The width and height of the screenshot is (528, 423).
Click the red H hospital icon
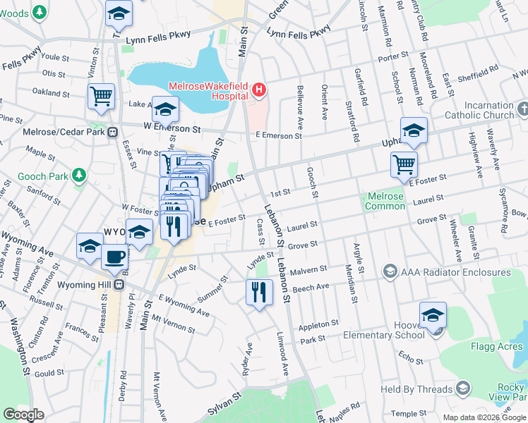click(x=259, y=90)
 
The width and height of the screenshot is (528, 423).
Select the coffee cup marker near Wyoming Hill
click(x=114, y=258)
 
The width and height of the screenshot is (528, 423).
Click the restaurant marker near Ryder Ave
click(x=259, y=292)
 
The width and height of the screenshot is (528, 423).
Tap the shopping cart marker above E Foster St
click(x=404, y=164)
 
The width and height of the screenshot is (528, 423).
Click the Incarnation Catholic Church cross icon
click(x=522, y=109)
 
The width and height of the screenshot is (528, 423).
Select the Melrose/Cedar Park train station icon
click(x=112, y=132)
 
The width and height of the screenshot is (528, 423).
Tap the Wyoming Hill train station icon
click(x=119, y=285)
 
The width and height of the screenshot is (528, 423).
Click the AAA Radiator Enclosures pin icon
click(x=389, y=271)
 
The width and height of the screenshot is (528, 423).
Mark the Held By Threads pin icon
click(x=463, y=388)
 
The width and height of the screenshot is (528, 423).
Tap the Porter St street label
click(x=394, y=55)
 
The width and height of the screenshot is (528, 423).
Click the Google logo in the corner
click(x=23, y=415)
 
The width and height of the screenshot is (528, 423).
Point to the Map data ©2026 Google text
click(x=484, y=417)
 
